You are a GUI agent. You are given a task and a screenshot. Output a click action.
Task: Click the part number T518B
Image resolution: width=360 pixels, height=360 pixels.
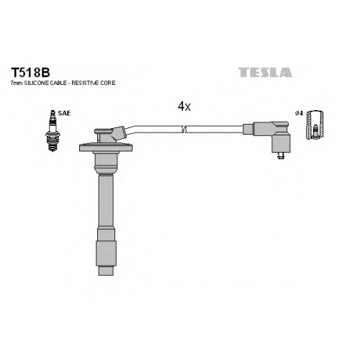coord(30,72)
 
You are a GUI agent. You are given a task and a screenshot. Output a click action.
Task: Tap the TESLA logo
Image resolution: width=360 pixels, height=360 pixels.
coord(265,72)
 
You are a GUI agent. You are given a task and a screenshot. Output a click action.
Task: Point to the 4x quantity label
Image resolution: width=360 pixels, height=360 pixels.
coord(184,106)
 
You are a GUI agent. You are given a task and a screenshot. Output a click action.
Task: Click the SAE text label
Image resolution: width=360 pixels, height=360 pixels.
coord(64,113)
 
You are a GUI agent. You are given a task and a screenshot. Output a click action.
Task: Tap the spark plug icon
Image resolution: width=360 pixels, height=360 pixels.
coord(53,130)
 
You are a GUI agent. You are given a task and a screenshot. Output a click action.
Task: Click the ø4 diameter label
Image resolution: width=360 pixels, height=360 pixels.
coord(299,113)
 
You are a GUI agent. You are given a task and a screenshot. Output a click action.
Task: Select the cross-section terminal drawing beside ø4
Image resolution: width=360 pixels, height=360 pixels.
coord(315,125)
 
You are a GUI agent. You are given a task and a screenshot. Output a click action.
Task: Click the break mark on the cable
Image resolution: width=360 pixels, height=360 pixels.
coord(184,129)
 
